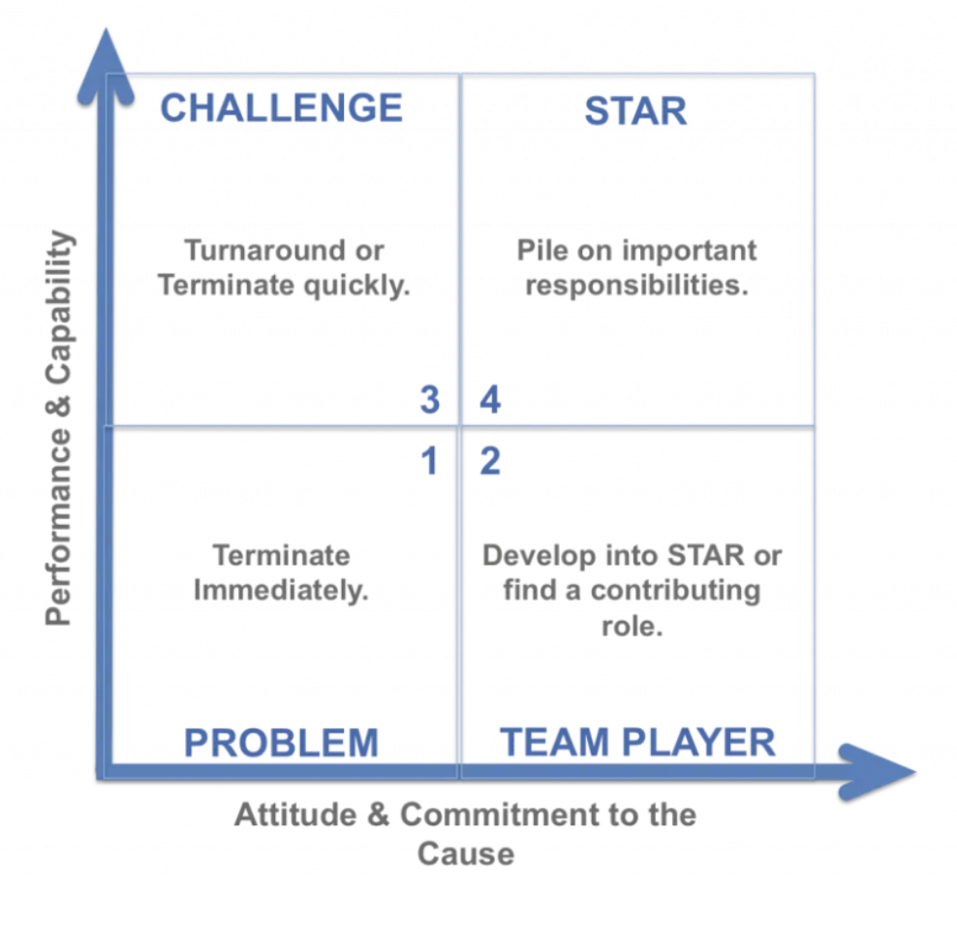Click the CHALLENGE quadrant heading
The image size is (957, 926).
pyautogui.click(x=281, y=108)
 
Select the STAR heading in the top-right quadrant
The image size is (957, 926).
pyautogui.click(x=636, y=111)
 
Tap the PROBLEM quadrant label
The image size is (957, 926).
pyautogui.click(x=281, y=743)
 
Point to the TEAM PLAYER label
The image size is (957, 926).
pyautogui.click(x=637, y=742)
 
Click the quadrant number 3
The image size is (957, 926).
pyautogui.click(x=430, y=400)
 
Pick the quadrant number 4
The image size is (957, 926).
pyautogui.click(x=490, y=400)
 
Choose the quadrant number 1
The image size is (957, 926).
pyautogui.click(x=429, y=460)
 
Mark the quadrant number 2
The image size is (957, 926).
pyautogui.click(x=490, y=460)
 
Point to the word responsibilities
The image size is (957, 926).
pyautogui.click(x=637, y=286)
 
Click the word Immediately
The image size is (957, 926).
pyautogui.click(x=281, y=591)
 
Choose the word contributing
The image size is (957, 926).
pyautogui.click(x=676, y=591)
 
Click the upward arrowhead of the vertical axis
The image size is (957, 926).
pyautogui.click(x=106, y=64)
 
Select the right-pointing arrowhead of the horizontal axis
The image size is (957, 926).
pyautogui.click(x=877, y=772)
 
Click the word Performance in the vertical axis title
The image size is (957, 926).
pyautogui.click(x=58, y=527)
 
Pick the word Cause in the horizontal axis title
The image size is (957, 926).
pyautogui.click(x=466, y=853)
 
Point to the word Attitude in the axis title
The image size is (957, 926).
pyautogui.click(x=295, y=815)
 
